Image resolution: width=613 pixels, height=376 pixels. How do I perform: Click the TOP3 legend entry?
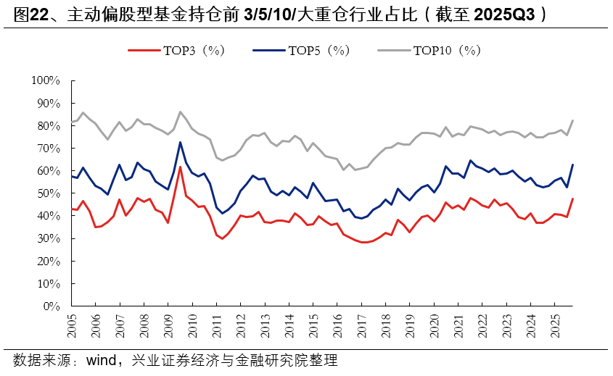click(x=177, y=50)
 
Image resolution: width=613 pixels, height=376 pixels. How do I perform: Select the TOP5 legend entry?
click(x=302, y=50)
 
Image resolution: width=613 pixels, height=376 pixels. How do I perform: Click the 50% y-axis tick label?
click(x=47, y=193)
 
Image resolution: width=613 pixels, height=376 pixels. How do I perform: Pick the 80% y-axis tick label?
click(x=47, y=125)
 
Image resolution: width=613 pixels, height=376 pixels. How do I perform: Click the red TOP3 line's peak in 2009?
click(x=180, y=167)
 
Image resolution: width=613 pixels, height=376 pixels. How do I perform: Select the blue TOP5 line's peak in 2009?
click(x=180, y=142)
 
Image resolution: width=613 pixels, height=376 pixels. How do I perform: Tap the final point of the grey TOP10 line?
click(x=572, y=120)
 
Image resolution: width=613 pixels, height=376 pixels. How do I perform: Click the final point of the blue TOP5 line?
click(x=572, y=164)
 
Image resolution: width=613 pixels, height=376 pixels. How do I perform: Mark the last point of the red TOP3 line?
click(x=572, y=199)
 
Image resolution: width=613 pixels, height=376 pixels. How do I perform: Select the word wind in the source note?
click(x=103, y=360)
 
